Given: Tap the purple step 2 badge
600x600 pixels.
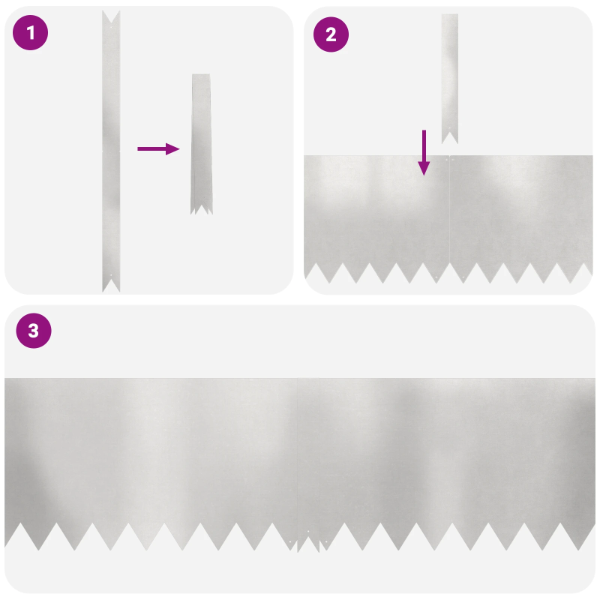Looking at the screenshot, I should coord(331,33).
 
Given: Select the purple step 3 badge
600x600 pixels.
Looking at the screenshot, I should coord(33,331).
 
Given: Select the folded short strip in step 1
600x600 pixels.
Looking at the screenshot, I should coord(201,142).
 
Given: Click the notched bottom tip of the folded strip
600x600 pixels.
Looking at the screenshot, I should coord(200,210).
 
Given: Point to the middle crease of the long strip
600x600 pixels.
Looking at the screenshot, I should coord(111,150).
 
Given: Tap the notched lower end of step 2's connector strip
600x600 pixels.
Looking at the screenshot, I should coord(449,136).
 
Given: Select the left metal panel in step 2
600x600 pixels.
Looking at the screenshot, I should coord(375,210).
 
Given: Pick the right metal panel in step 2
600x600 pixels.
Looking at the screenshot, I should coord(521,210).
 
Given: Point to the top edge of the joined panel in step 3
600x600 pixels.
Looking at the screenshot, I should coord(300,379).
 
